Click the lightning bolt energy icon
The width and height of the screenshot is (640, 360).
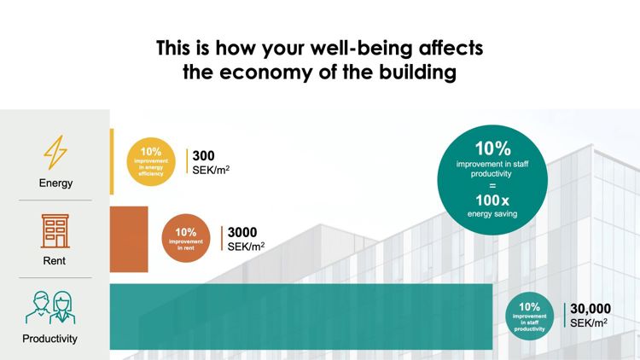click(55, 153)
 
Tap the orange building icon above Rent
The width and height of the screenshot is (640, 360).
click(55, 231)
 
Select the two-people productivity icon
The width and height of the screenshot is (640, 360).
click(49, 308)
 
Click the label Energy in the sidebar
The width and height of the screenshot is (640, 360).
click(55, 183)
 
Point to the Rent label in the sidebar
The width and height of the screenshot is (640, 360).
click(55, 261)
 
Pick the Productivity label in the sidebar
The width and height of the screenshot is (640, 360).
click(49, 339)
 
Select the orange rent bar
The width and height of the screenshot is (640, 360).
click(129, 238)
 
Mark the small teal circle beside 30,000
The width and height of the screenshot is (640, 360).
click(529, 316)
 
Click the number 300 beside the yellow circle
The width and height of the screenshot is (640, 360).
click(204, 156)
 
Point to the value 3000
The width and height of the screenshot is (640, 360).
click(242, 232)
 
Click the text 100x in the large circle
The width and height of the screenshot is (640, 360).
click(492, 200)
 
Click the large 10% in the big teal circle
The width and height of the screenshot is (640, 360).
click(492, 148)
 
